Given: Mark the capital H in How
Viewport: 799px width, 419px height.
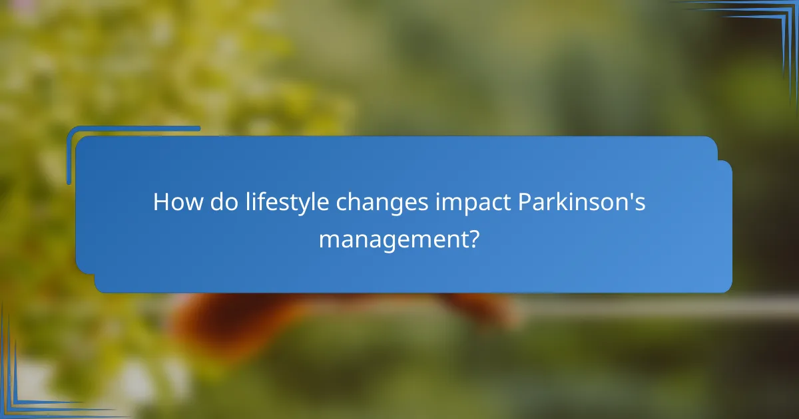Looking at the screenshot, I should click(x=160, y=202).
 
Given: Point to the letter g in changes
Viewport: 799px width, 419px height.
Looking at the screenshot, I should click(x=399, y=206).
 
